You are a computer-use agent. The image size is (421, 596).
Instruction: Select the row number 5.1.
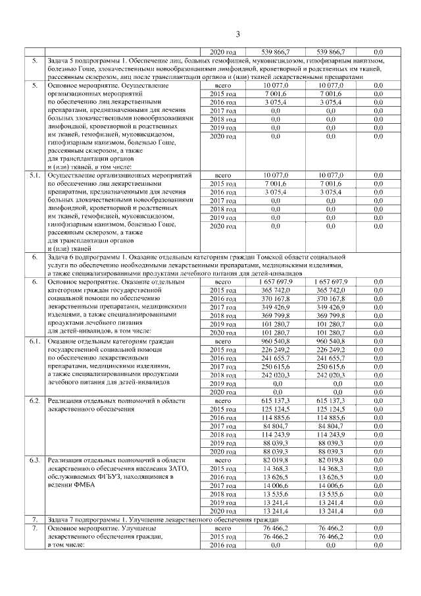(x=35, y=175)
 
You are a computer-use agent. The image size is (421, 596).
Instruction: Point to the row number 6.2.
(x=35, y=400)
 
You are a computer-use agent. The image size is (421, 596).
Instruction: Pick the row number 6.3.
(x=35, y=460)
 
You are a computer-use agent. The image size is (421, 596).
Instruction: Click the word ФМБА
(x=82, y=485)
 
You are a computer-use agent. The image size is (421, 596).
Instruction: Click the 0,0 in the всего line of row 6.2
(x=378, y=400)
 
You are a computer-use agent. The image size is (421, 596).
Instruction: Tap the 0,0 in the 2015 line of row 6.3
(x=378, y=468)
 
